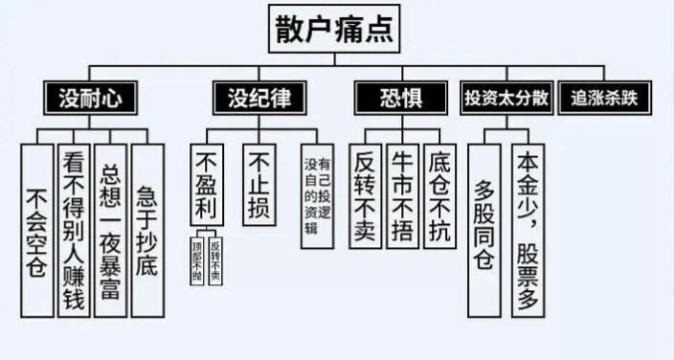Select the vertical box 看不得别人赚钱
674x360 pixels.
[x=74, y=230]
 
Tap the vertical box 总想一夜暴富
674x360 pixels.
[x=110, y=230]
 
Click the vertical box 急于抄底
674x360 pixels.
[x=146, y=230]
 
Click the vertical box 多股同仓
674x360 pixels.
[x=483, y=230]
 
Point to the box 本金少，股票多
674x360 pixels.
[x=528, y=230]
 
